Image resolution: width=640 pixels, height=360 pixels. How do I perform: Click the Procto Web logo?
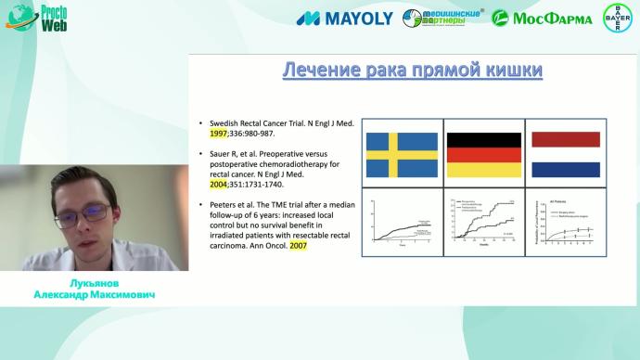(x=36, y=19)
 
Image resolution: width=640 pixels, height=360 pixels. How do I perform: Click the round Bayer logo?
(x=618, y=18)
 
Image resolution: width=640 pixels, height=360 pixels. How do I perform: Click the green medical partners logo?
(x=443, y=18)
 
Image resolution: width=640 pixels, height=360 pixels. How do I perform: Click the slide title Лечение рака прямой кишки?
(x=411, y=72)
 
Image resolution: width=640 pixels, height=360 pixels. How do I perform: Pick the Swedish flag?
(x=400, y=153)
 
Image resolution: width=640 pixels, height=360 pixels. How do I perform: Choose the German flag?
(x=482, y=153)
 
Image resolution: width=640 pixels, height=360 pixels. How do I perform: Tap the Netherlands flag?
(x=562, y=153)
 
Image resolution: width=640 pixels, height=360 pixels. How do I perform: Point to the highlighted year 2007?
(x=297, y=246)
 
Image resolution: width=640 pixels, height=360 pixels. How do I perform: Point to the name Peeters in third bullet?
(x=225, y=203)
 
